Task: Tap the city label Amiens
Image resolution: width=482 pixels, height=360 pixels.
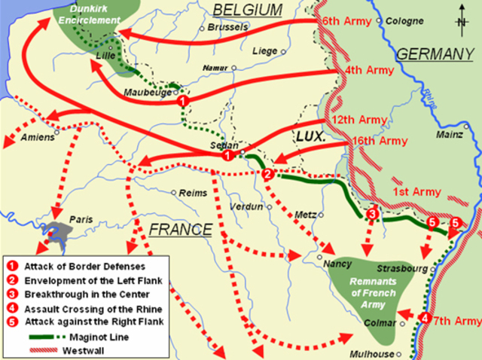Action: (38, 137)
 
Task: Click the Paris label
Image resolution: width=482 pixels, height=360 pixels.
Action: (80, 219)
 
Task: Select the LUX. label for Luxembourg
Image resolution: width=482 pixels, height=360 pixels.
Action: (310, 138)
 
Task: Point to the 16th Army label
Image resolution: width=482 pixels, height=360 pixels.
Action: (380, 141)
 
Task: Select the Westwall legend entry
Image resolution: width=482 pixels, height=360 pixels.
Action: (73, 350)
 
